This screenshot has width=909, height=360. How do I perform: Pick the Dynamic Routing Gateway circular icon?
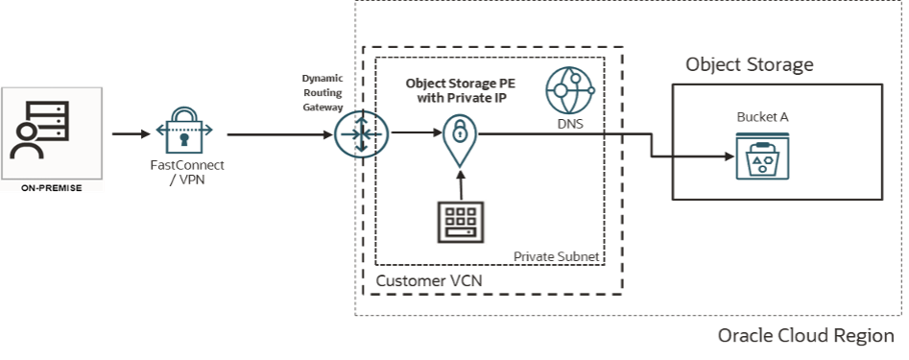[x=356, y=134]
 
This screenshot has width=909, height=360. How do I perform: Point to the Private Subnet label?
[x=557, y=256]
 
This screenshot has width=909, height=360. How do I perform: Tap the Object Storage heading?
[x=749, y=65]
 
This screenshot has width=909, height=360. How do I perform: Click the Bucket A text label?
[x=755, y=116]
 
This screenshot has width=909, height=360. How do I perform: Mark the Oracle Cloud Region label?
[x=806, y=337]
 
